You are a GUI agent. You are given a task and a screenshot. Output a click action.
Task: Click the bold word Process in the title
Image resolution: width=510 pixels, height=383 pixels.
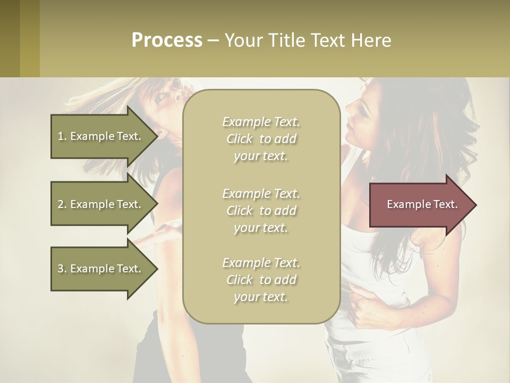(x=167, y=40)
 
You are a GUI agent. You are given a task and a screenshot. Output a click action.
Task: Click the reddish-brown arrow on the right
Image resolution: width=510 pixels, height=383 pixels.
(x=420, y=205)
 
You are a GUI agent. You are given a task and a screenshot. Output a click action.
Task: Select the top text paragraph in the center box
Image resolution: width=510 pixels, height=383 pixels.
(x=261, y=139)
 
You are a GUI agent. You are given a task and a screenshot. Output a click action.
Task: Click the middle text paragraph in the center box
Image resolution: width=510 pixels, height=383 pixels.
(x=261, y=211)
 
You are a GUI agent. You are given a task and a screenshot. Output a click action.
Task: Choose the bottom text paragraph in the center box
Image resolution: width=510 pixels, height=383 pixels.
(x=261, y=280)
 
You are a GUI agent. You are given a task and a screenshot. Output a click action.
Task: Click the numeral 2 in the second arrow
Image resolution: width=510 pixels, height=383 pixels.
(x=61, y=204)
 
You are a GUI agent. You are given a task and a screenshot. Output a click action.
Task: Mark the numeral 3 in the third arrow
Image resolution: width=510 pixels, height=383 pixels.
(x=61, y=269)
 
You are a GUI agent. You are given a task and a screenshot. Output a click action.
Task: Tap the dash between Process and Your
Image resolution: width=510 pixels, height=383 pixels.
(x=213, y=41)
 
